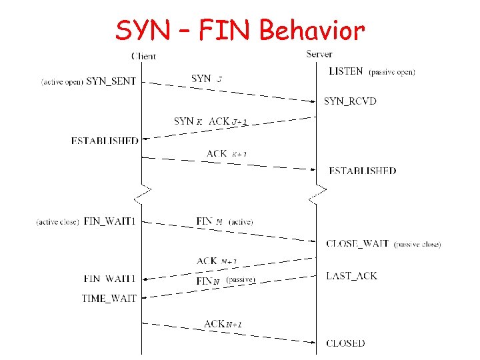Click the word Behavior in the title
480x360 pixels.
pos(312,30)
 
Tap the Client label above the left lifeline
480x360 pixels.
pos(144,56)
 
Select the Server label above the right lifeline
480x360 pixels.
pos(319,54)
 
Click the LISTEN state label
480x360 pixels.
pos(346,71)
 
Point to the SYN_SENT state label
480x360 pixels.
pos(111,81)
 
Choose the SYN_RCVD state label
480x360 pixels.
pos(350,101)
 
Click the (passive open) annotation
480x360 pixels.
pos(392,71)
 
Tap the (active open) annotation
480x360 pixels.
pos(62,82)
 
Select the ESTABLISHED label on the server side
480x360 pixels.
pos(362,171)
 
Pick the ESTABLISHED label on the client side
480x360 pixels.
pos(105,141)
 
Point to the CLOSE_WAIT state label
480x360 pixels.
pos(357,243)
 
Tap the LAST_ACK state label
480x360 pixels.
pos(351,275)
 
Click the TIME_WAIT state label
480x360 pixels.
pos(109,298)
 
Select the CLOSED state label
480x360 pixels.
pos(345,343)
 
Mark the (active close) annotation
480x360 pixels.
pos(58,221)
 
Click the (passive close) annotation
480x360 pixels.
pos(417,244)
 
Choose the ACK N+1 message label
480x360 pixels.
pos(223,324)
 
